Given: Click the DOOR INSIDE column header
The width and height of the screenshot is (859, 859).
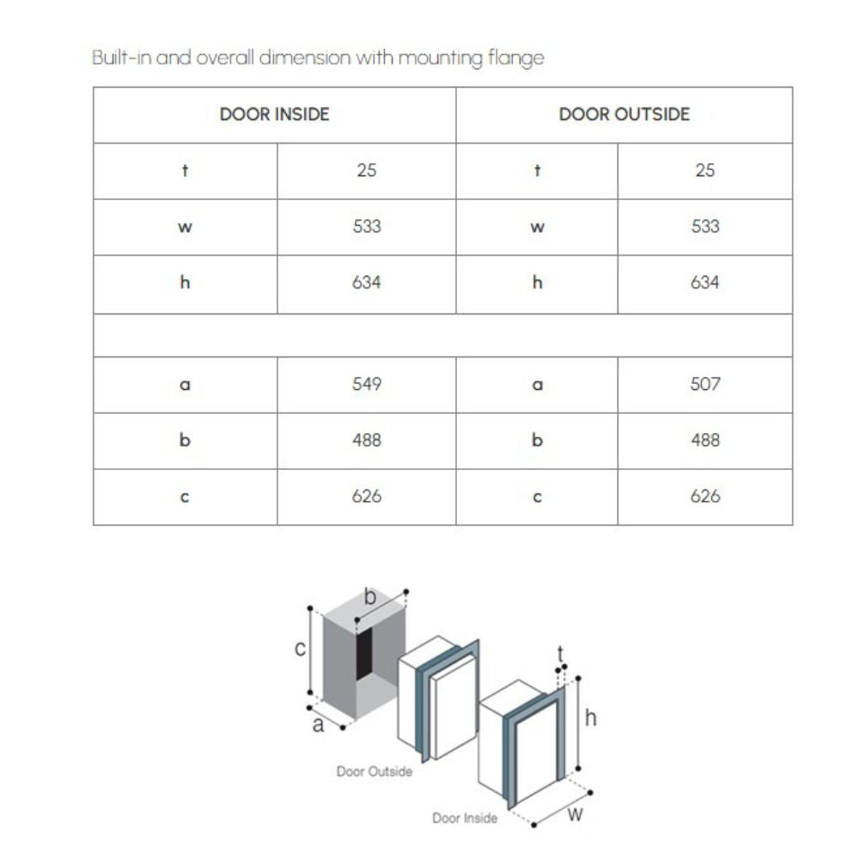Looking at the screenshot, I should (x=274, y=114).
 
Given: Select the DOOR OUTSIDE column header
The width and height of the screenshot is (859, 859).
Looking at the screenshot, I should (x=624, y=114).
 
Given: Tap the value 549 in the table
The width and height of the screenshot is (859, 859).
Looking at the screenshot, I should (x=367, y=384).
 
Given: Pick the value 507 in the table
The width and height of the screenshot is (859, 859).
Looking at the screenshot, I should (x=705, y=384).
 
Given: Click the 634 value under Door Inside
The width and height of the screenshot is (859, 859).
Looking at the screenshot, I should (x=367, y=283).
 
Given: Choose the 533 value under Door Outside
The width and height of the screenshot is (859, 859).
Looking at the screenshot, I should (x=705, y=227).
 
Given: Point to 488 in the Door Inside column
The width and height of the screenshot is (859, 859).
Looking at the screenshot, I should (x=367, y=440).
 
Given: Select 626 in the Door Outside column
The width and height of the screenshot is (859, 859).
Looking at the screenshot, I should (x=705, y=497).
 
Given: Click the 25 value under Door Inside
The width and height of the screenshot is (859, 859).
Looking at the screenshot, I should (x=367, y=170).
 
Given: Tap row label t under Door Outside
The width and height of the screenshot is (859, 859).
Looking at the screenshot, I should (x=537, y=170).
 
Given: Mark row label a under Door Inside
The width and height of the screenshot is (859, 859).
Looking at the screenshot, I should (x=185, y=385).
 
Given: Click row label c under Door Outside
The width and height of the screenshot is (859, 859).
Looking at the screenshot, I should (x=537, y=497).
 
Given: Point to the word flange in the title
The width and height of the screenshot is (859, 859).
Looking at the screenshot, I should (x=518, y=58).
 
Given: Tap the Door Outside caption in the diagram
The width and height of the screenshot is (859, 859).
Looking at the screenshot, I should (x=374, y=771).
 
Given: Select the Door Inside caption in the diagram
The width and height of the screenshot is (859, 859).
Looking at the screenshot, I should (x=464, y=818).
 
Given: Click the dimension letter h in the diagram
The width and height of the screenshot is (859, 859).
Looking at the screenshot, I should (x=590, y=718).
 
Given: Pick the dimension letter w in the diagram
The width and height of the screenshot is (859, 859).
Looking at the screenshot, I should (x=576, y=813).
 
